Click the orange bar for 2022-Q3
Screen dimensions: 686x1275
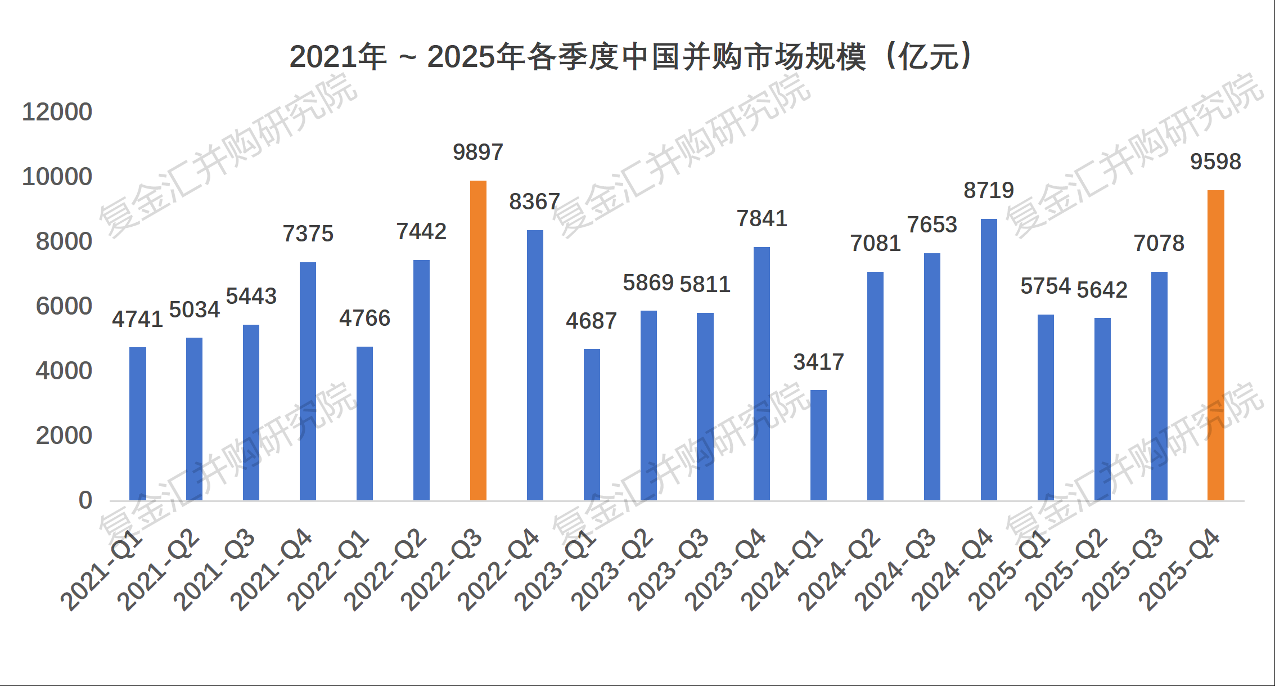click(478, 340)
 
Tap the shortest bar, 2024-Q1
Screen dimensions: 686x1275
click(818, 445)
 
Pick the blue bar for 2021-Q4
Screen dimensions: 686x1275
click(308, 381)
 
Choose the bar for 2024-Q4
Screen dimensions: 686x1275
click(989, 360)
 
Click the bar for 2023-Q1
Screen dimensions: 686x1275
click(592, 424)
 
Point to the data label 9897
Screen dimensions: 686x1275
click(478, 152)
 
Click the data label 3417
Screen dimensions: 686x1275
click(818, 362)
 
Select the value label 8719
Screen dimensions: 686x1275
click(989, 190)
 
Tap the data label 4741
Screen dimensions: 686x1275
click(137, 319)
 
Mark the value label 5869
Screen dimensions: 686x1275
click(648, 283)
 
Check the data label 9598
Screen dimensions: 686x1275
click(1215, 162)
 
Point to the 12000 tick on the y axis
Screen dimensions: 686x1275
click(57, 112)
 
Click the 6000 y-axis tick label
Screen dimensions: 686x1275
click(64, 306)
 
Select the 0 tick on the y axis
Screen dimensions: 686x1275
click(85, 500)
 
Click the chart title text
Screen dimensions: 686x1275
click(630, 57)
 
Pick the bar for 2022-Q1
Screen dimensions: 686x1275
click(364, 423)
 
